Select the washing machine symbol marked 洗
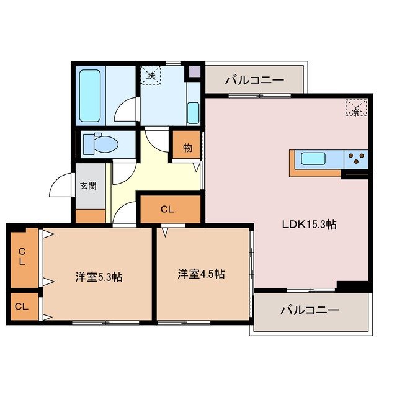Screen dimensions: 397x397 pos(151,76)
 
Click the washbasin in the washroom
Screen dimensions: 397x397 pos(192,112)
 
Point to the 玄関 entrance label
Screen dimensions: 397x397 pos(88,185)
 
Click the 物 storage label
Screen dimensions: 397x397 pos(187,148)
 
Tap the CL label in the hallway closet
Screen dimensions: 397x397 pos(167,209)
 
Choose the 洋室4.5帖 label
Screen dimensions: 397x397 pos(201,273)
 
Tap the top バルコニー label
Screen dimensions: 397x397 pos(254,80)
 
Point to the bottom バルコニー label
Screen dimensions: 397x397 pos(310,309)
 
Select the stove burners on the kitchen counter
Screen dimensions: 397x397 pos(356,159)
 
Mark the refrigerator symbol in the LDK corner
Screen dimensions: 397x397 pos(355,108)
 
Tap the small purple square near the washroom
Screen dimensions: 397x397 pos(195,71)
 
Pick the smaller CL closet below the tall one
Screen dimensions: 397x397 pos(22,306)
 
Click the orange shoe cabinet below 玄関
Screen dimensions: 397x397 pos(91,216)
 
